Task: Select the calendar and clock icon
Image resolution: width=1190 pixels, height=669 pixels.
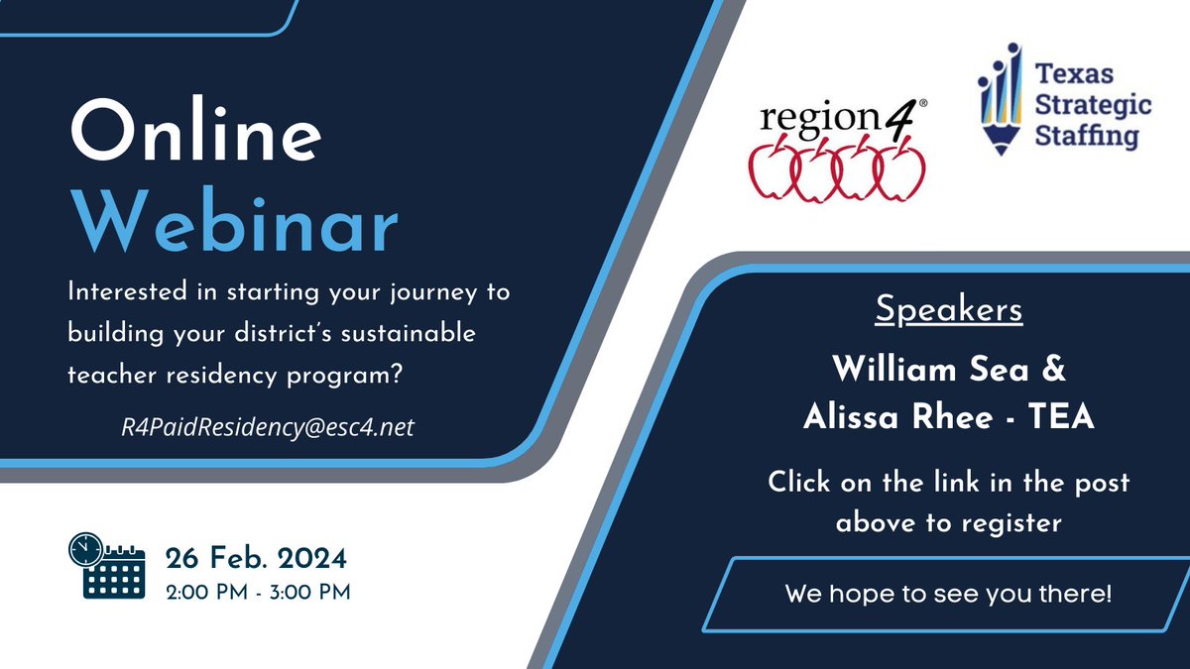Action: tap(106, 567)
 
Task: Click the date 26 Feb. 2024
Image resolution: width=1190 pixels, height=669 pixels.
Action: tap(256, 559)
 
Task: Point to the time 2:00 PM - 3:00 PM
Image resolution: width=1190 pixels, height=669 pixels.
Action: tap(258, 592)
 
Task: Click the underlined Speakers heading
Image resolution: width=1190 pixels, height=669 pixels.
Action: tap(948, 310)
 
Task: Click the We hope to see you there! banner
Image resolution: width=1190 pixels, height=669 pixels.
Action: tap(948, 595)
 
